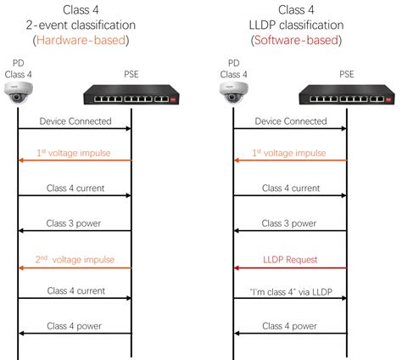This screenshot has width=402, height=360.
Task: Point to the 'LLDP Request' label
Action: (290, 257)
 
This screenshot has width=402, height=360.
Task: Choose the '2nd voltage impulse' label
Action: (75, 257)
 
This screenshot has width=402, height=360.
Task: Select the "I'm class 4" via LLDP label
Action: (290, 291)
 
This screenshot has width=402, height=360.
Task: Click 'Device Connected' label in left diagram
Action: (75, 121)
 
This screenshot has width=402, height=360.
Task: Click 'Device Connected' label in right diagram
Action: (290, 121)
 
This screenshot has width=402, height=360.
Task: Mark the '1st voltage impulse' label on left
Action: (75, 154)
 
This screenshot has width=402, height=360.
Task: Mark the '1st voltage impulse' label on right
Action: (290, 154)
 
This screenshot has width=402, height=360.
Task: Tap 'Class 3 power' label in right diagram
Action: (290, 223)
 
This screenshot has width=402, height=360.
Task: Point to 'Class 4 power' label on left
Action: (75, 325)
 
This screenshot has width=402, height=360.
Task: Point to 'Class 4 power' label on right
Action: (290, 325)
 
